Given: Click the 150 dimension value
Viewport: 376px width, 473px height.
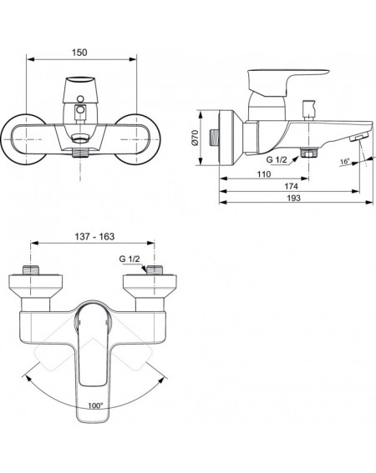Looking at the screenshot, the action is click(79, 53).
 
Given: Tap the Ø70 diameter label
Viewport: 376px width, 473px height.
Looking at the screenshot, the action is click(195, 138).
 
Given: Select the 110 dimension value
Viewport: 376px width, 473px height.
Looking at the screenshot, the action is click(264, 174).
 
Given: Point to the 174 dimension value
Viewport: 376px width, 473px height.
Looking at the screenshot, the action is click(291, 186).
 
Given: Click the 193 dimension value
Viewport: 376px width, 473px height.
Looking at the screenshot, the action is click(294, 198).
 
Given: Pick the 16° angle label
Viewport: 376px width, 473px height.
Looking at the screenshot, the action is click(344, 162).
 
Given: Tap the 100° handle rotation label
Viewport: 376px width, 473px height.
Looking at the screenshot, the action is click(95, 405).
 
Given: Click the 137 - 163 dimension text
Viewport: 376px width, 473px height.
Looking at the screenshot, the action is click(94, 237).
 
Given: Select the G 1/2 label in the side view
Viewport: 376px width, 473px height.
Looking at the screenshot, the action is click(277, 159).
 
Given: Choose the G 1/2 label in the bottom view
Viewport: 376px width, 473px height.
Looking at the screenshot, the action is click(130, 259).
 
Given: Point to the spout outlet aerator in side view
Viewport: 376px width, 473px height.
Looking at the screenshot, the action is click(358, 138).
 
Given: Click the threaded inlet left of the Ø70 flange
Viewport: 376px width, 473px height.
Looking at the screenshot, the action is click(214, 138).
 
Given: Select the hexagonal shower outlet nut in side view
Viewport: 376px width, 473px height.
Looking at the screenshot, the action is click(308, 153).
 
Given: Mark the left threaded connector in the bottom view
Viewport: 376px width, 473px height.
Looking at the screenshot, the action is click(31, 269).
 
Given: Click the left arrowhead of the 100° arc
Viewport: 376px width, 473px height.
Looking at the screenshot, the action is click(27, 378).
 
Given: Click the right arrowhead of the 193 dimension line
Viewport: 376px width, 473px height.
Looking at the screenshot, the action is click(369, 203).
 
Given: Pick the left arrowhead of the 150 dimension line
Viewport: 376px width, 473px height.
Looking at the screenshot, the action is click(31, 59).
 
